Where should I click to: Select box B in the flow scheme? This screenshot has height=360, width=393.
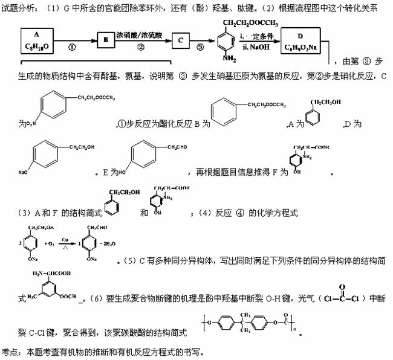pyautogui.click(x=106, y=40)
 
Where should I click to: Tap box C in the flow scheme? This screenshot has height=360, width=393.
pyautogui.click(x=180, y=40)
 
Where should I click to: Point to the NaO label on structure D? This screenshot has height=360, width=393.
pyautogui.click(x=24, y=172)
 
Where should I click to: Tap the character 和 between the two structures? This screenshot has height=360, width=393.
pyautogui.click(x=143, y=213)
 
